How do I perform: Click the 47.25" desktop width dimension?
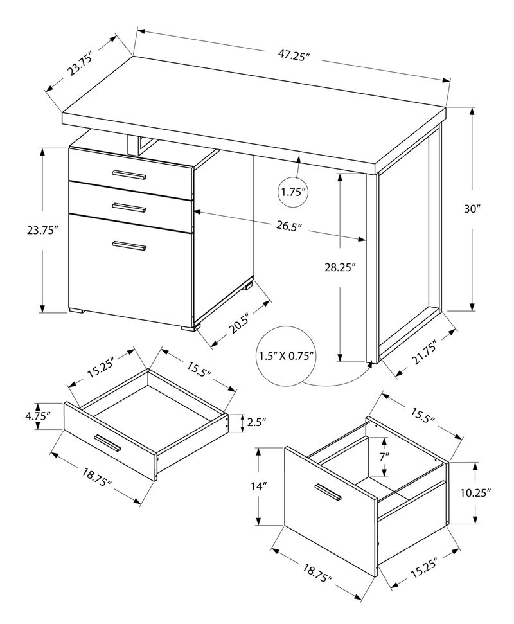(295, 55)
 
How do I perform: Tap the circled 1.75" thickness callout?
(293, 192)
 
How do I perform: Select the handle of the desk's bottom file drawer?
(129, 245)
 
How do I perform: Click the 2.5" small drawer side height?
(255, 423)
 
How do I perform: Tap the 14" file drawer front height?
(259, 486)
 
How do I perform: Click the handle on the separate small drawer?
(107, 443)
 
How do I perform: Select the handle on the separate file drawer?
(328, 491)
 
